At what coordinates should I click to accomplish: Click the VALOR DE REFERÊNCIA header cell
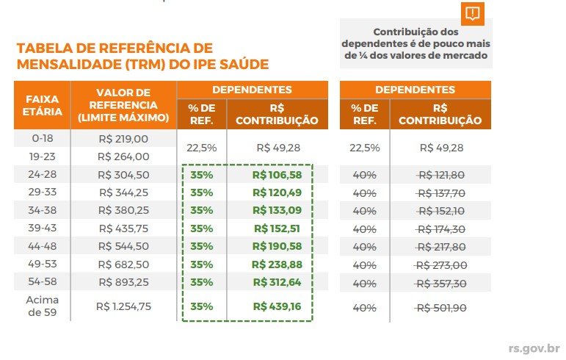pos(123,105)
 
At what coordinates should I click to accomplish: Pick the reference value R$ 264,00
pos(123,156)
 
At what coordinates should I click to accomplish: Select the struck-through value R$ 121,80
pos(440,175)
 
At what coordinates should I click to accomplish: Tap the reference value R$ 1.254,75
pos(123,306)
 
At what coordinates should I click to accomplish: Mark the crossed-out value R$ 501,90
pos(440,307)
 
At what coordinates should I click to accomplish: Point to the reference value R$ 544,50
pos(123,246)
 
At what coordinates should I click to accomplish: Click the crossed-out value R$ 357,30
pos(440,283)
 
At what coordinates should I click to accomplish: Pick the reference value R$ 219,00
pos(123,138)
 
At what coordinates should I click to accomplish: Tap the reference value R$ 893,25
pos(123,282)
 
